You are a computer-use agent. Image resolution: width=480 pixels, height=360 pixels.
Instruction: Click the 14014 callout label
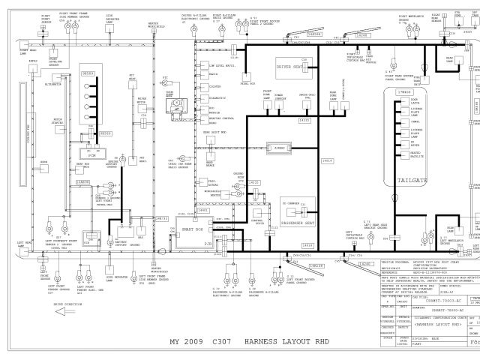pos(327,160)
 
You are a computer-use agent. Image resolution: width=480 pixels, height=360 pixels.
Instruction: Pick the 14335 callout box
pos(304,120)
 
